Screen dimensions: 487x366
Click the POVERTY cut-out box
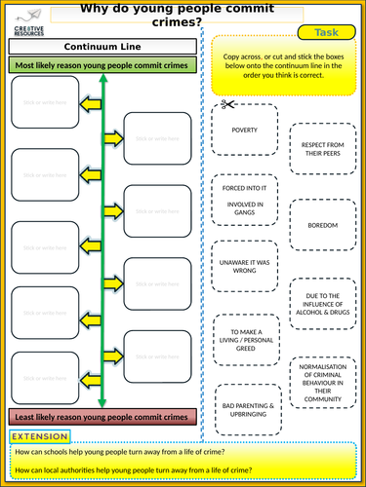244,130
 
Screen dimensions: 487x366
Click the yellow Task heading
326,33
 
